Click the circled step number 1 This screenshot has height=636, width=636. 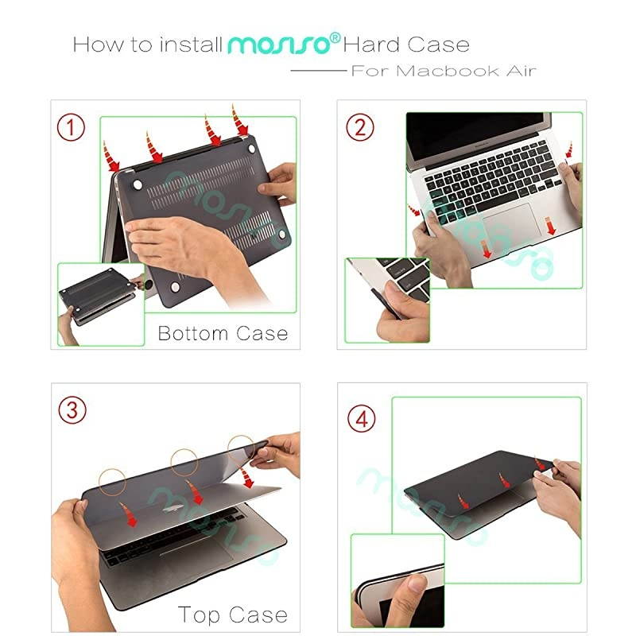click(75, 126)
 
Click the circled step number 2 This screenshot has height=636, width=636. click(360, 126)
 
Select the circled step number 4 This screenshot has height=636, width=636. click(362, 418)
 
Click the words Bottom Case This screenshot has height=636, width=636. click(223, 332)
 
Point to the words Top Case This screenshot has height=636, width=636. click(232, 615)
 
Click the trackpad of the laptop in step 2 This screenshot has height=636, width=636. click(509, 219)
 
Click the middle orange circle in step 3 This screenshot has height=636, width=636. click(184, 460)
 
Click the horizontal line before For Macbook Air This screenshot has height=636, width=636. click(318, 71)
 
